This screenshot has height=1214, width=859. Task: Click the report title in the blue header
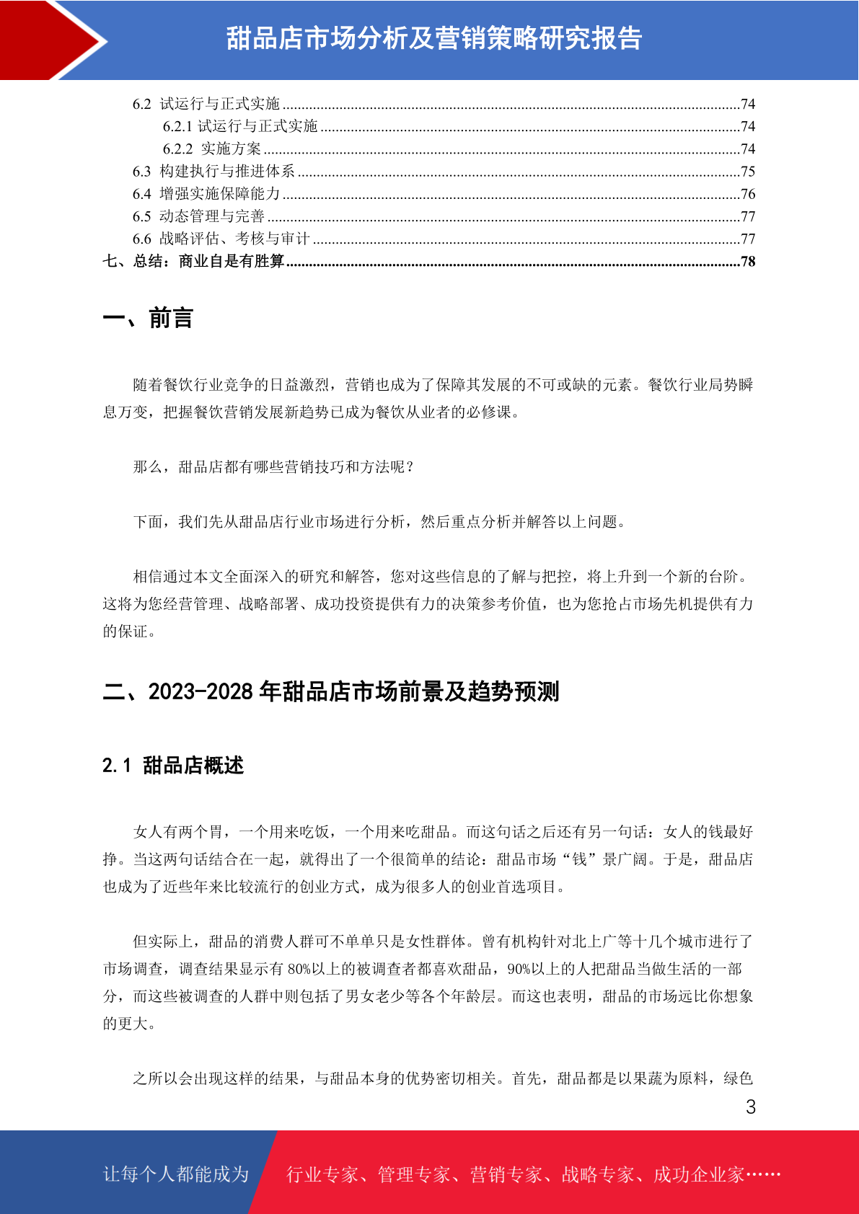click(x=434, y=39)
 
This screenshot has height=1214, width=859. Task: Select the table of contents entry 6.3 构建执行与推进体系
click(x=214, y=172)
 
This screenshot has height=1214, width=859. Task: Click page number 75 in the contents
click(x=748, y=172)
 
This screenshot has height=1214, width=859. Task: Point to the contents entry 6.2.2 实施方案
click(x=212, y=149)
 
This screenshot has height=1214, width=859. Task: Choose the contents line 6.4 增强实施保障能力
click(x=206, y=194)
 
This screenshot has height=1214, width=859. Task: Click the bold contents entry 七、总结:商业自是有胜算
click(x=194, y=261)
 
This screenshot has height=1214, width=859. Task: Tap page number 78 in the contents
click(x=748, y=261)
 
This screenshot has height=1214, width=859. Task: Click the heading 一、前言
click(x=148, y=318)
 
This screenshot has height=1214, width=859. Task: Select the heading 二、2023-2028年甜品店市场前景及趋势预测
click(x=331, y=692)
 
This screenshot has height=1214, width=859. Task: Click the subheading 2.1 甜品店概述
click(x=173, y=766)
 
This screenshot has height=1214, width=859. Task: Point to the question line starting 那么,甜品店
click(x=274, y=467)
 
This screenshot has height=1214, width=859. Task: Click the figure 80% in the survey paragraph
click(x=299, y=969)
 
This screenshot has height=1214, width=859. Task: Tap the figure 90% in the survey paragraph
click(x=519, y=969)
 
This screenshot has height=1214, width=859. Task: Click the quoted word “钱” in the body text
click(x=580, y=859)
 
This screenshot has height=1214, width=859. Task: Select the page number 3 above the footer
click(x=751, y=1107)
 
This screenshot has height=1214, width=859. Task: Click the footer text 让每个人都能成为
click(x=176, y=1174)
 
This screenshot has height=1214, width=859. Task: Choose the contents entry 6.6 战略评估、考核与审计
click(x=221, y=239)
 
